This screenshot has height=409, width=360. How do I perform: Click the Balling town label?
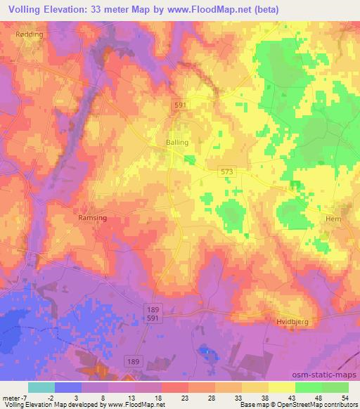point(176,142)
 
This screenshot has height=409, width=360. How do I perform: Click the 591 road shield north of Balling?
point(181,104)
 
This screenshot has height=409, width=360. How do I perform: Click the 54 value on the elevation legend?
point(345,398)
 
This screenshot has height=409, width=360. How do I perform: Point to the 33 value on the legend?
point(238,398)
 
